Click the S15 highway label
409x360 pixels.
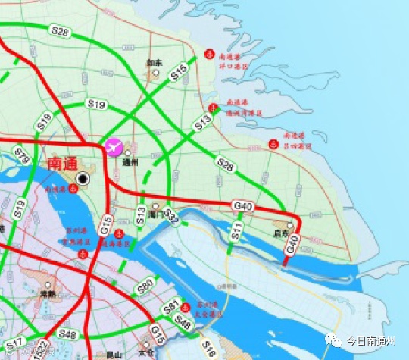pos(179,72)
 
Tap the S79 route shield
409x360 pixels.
pos(22,158)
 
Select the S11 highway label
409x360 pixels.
pos(236,227)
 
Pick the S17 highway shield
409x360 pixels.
pos(14,343)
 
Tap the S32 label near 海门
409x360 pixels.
pos(171,218)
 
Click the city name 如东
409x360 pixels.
pos(155,64)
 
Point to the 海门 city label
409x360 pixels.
pos(156,214)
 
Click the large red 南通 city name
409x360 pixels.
pos(63,163)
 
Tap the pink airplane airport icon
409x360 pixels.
pos(114,146)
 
